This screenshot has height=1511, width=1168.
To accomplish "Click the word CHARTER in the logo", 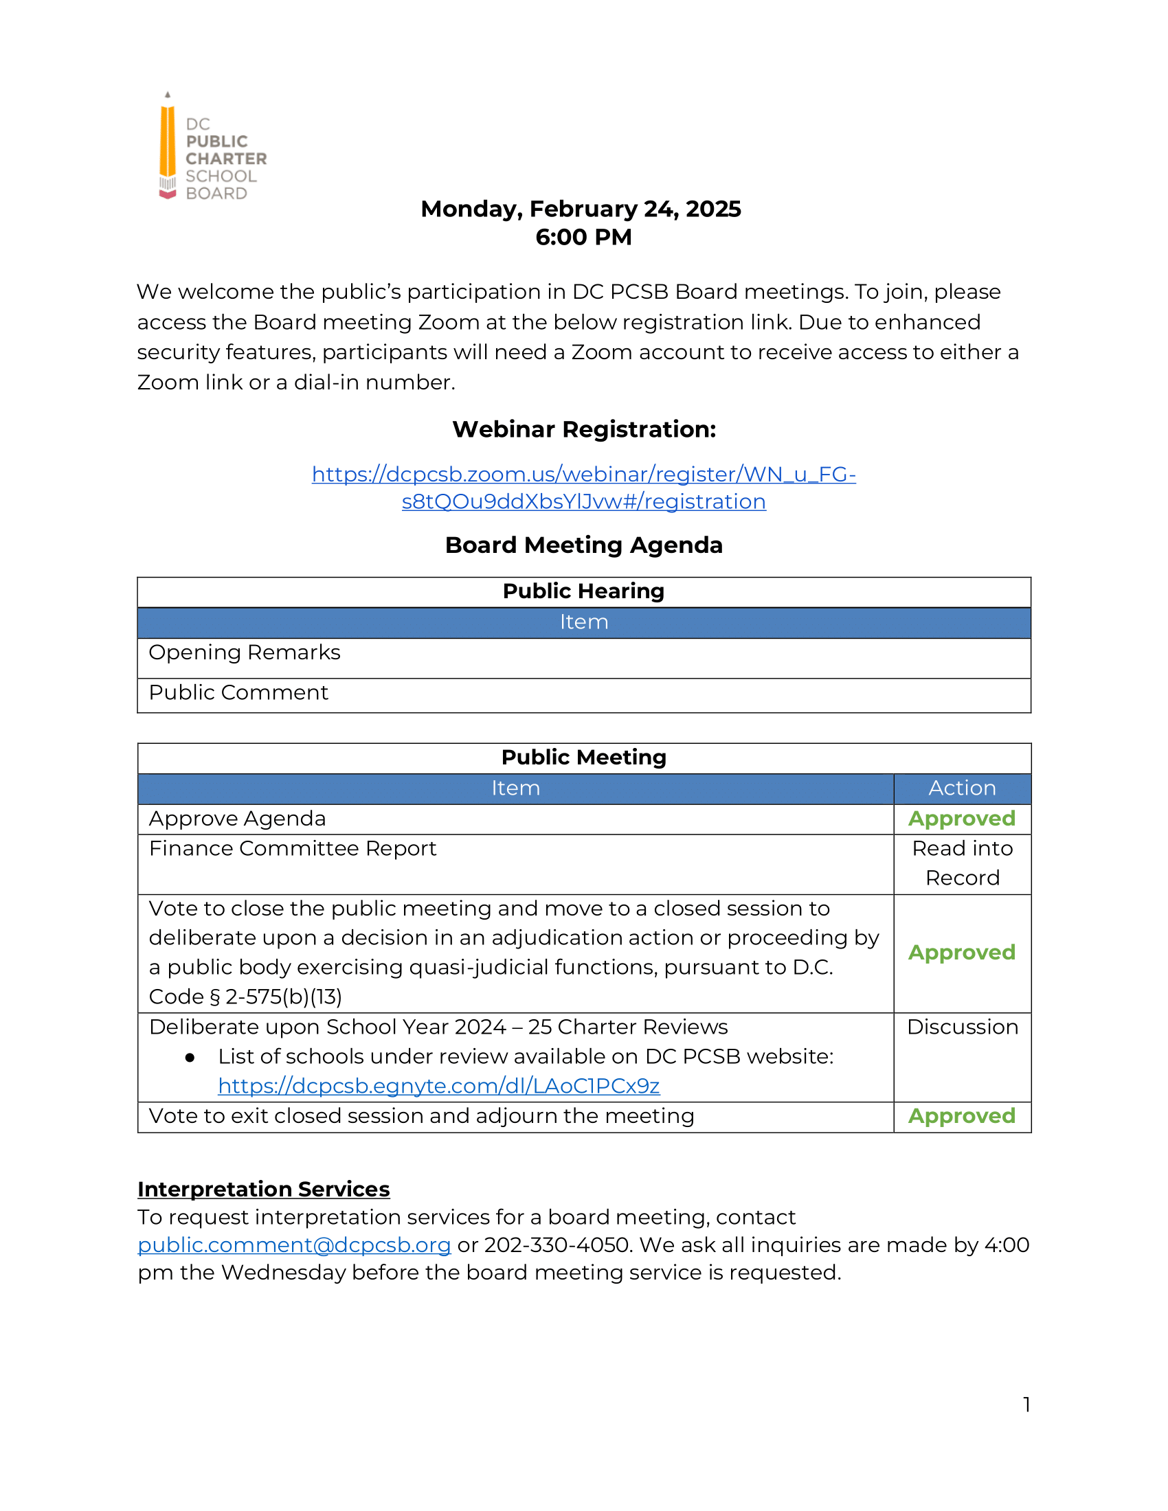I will click(225, 159).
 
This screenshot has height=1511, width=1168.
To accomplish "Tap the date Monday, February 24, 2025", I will click(581, 209).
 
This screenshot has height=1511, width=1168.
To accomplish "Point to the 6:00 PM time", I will click(583, 238).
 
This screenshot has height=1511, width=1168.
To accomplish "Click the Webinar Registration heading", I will click(583, 430).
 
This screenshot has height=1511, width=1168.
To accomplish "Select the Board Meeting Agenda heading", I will click(583, 545).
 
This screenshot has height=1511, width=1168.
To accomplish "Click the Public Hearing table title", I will click(583, 591).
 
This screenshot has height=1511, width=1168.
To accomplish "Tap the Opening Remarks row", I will click(245, 652).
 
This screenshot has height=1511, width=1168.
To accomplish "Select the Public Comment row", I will click(238, 692).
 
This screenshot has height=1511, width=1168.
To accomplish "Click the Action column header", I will click(962, 788).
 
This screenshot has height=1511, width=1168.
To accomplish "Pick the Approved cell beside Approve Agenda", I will click(961, 819).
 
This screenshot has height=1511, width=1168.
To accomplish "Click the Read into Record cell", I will click(962, 863).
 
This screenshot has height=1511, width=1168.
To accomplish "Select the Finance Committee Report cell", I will click(293, 849).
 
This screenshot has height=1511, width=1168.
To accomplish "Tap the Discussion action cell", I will click(962, 1027).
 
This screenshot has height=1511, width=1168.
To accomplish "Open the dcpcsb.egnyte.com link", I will click(439, 1087).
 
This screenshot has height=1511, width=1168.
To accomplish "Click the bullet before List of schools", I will click(190, 1058).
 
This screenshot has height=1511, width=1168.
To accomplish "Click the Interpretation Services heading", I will click(264, 1190).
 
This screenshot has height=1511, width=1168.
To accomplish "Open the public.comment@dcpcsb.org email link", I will click(294, 1245).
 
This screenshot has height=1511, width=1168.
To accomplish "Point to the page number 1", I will click(1026, 1405).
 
